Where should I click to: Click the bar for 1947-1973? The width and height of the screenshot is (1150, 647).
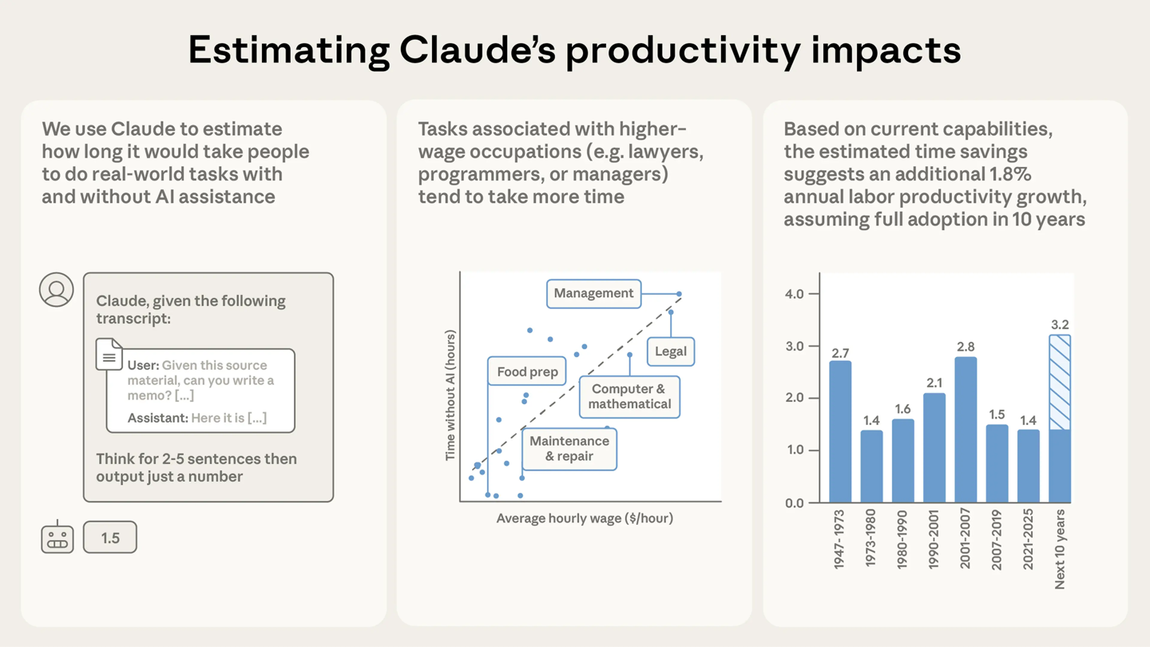(x=839, y=431)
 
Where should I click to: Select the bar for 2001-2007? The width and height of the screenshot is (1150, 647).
(x=965, y=430)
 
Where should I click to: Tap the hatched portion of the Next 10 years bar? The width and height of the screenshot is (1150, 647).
(x=1059, y=382)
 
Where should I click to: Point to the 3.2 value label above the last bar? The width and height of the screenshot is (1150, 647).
(x=1060, y=324)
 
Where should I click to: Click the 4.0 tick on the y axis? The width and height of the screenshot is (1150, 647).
(x=794, y=294)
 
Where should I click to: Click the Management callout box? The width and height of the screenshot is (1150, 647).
(x=593, y=293)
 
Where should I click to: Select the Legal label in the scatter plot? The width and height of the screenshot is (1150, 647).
(x=670, y=351)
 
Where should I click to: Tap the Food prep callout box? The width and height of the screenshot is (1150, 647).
(x=526, y=371)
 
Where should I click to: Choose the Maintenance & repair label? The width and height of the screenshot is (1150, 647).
(x=569, y=449)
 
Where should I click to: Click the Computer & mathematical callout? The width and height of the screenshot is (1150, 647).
(x=629, y=397)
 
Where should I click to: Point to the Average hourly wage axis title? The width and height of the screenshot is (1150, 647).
(x=585, y=518)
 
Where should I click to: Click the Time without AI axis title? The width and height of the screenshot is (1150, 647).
(x=450, y=395)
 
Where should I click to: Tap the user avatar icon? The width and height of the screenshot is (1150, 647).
(x=57, y=290)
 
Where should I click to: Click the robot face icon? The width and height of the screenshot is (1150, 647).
(x=57, y=538)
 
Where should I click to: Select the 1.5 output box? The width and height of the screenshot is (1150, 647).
(x=110, y=538)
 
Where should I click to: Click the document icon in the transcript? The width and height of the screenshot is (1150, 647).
(x=109, y=355)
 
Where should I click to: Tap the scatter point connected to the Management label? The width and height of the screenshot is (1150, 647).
(x=679, y=294)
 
